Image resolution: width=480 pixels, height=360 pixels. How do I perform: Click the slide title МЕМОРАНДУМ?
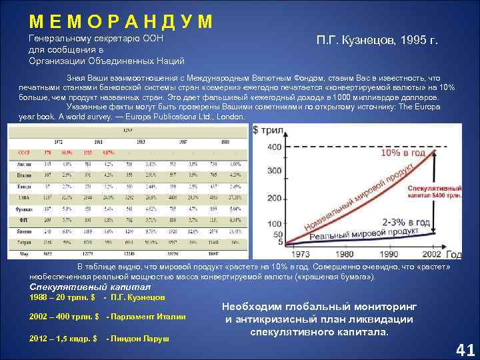pyautogui.click(x=121, y=22)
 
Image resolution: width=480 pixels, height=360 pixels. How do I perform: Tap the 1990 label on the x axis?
pyautogui.click(x=388, y=254)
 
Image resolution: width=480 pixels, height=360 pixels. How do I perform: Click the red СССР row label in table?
pyautogui.click(x=21, y=152)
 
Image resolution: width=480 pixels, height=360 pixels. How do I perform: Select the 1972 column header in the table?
pyautogui.click(x=58, y=142)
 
